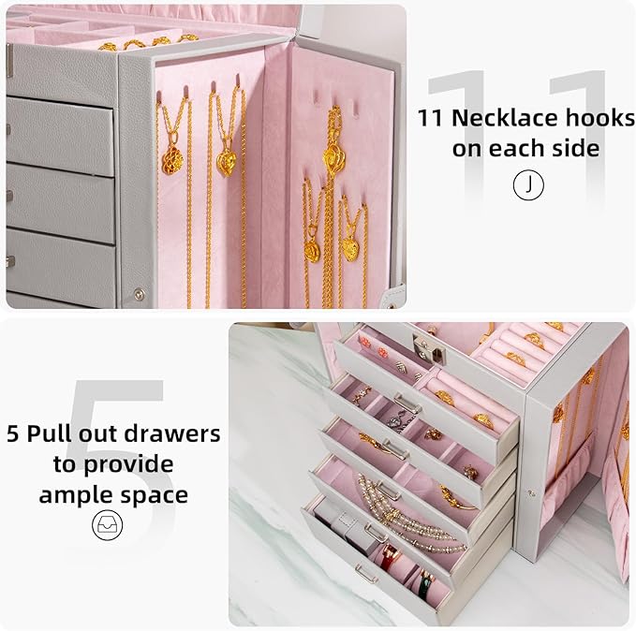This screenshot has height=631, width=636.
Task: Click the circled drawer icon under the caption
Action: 107,525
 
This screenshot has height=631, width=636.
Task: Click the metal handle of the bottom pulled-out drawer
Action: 366,575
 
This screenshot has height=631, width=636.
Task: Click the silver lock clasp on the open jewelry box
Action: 427,349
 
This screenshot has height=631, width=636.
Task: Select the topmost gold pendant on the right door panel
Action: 333,150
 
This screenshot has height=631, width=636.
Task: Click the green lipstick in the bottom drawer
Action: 426,585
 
